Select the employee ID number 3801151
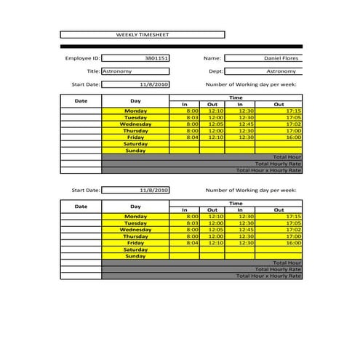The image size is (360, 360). [x=156, y=57]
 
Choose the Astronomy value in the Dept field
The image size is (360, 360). [x=281, y=71]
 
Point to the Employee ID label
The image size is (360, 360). [x=82, y=57]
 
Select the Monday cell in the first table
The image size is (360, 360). [x=135, y=111]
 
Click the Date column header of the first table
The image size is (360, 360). [x=81, y=100]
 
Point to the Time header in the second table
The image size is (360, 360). [x=236, y=203]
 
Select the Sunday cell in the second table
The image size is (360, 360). [x=135, y=256]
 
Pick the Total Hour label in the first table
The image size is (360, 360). [x=287, y=156]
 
